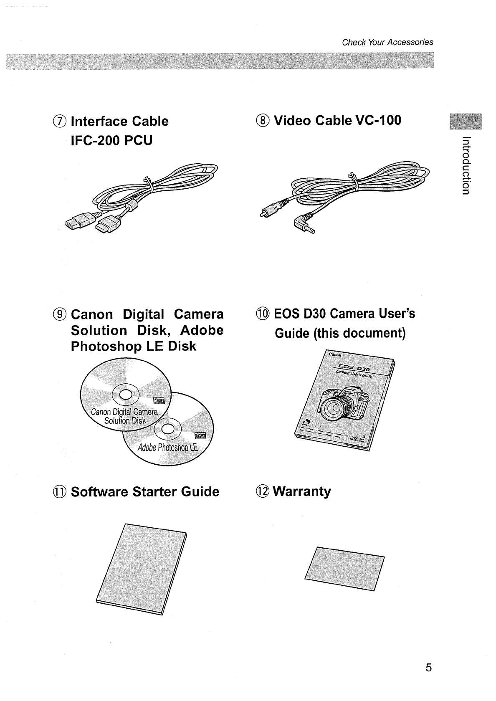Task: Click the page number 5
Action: pyautogui.click(x=428, y=668)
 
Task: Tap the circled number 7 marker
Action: pyautogui.click(x=61, y=121)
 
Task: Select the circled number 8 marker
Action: pyautogui.click(x=264, y=121)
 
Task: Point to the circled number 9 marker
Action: pyautogui.click(x=61, y=314)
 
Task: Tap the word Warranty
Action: pyautogui.click(x=302, y=491)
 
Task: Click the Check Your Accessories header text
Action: pyautogui.click(x=387, y=42)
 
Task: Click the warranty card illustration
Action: pyautogui.click(x=344, y=568)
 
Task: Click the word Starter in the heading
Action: pyautogui.click(x=155, y=491)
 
